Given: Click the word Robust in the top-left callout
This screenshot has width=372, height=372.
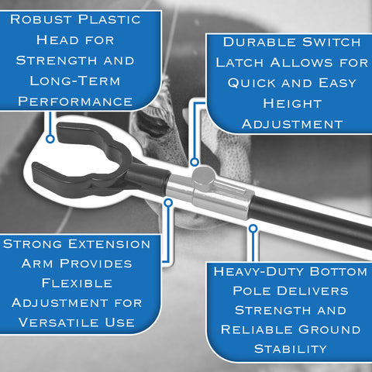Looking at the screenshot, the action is [41, 19].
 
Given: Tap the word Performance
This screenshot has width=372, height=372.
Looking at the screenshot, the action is [75, 102].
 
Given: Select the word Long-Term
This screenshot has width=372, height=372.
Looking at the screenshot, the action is [75, 81].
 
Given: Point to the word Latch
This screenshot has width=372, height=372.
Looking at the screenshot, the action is [239, 63].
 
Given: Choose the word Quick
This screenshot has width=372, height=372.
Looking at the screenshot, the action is [252, 83].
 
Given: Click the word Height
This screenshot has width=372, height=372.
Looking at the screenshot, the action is [292, 104].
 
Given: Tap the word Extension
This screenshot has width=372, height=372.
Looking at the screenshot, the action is [109, 244].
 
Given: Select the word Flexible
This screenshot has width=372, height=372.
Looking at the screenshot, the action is [77, 283].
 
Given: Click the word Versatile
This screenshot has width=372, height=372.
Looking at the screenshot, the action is [58, 322].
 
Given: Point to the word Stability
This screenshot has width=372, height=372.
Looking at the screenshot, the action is [291, 349].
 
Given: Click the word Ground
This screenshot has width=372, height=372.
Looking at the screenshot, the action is [329, 329].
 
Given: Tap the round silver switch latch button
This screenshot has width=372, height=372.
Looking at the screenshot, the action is [204, 175].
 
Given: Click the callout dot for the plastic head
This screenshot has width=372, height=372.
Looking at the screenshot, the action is [50, 139].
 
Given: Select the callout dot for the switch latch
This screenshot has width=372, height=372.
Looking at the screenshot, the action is [195, 162].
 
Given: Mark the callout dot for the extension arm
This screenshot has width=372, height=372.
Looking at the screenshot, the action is [168, 203].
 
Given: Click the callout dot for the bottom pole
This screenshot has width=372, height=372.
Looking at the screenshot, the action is [253, 229].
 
